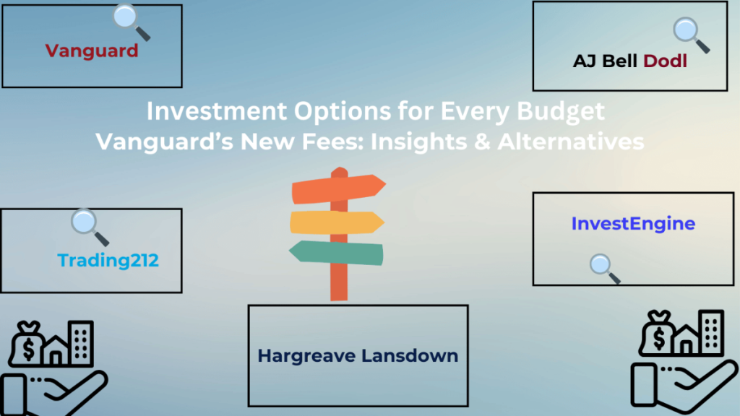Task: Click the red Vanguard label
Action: pos(91,51)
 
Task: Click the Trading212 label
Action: pos(108,260)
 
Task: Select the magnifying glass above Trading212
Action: pos(86,223)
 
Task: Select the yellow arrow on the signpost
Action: pos(335,222)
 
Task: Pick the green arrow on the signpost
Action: pos(337,251)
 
